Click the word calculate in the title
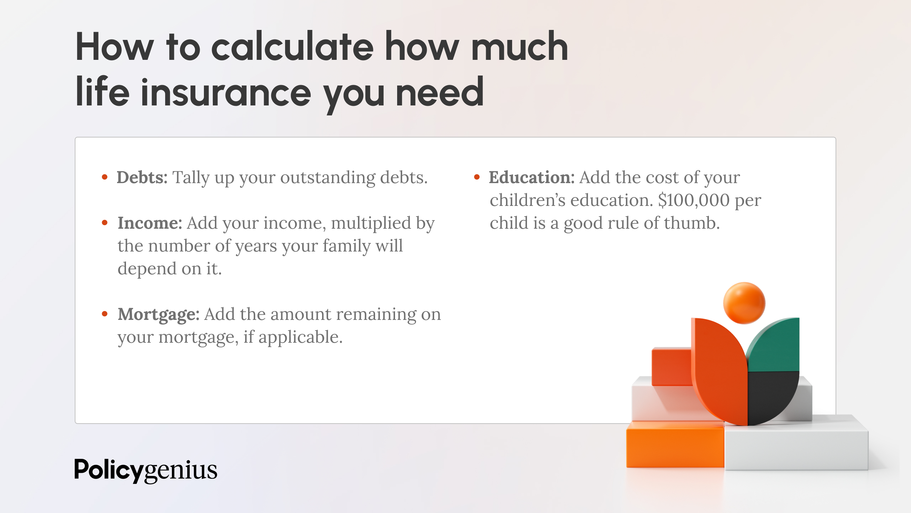[x=293, y=47]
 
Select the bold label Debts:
[x=142, y=177]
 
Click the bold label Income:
[x=150, y=223]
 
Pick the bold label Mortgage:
[x=158, y=314]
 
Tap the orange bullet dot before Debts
[x=105, y=177]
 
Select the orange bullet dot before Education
[x=477, y=177]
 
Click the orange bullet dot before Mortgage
[x=105, y=314]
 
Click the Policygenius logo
[x=146, y=470]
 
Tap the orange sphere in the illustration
[x=744, y=303]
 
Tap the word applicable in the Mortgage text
[x=300, y=337]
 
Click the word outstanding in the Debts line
[x=327, y=177]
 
